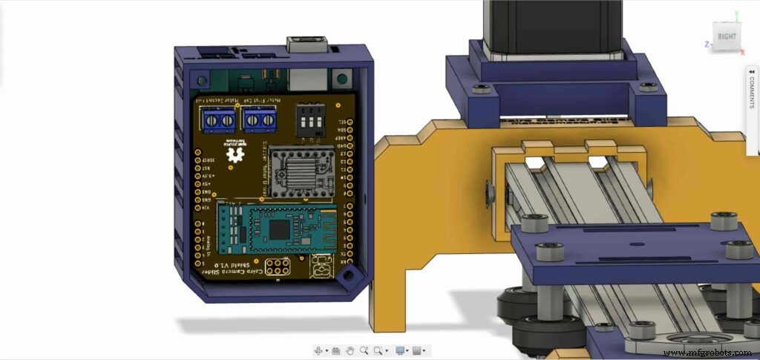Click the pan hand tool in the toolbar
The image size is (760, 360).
[x=350, y=350]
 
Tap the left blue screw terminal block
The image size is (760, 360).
[x=217, y=119]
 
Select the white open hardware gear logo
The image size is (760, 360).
[x=237, y=154]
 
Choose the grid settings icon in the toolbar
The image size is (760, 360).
[x=417, y=350]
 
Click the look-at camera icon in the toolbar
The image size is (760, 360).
[x=335, y=350]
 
